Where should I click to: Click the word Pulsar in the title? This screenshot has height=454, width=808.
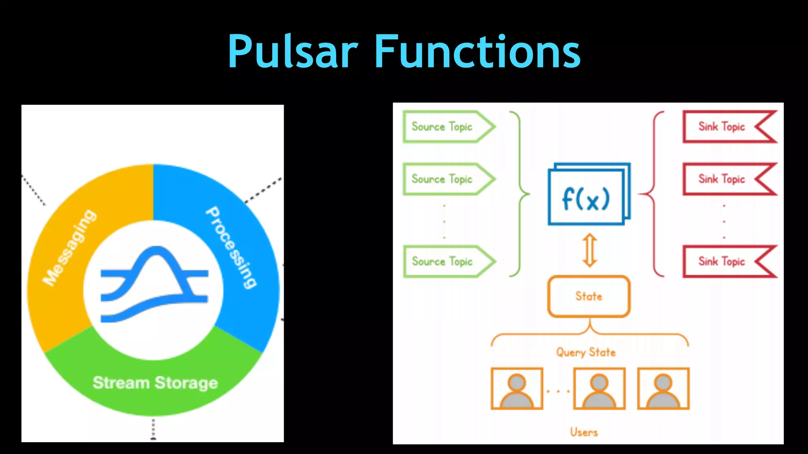click(293, 52)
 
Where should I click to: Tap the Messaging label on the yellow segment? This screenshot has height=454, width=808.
click(69, 247)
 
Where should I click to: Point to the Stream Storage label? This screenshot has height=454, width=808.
click(155, 383)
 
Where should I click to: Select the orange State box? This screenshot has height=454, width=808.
click(589, 296)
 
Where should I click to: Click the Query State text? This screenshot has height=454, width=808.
click(586, 352)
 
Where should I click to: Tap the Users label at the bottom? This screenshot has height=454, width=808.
click(584, 432)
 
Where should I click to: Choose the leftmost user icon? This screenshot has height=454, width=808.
click(517, 389)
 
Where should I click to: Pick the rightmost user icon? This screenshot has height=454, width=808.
click(663, 389)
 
